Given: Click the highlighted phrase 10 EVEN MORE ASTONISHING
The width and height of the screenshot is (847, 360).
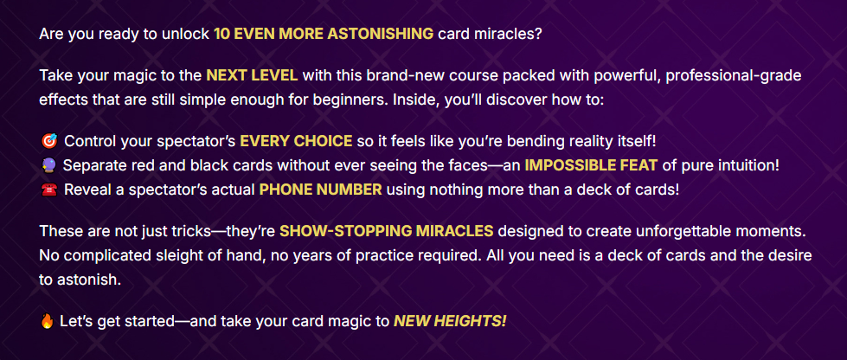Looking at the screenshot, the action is [324, 34].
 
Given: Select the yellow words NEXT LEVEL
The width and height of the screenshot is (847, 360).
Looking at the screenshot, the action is [252, 75].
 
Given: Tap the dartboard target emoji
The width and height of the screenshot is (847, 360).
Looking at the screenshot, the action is [48, 142].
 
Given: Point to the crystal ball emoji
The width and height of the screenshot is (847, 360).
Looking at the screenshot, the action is [48, 166].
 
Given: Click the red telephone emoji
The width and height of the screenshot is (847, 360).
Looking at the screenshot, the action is [48, 190].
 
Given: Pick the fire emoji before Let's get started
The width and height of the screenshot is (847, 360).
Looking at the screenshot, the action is [48, 322].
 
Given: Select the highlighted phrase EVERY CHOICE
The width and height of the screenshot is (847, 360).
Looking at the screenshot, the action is [296, 142].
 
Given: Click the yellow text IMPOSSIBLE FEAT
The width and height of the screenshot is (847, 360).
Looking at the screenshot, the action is [592, 166].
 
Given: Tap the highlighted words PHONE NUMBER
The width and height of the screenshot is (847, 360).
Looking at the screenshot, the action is [321, 190].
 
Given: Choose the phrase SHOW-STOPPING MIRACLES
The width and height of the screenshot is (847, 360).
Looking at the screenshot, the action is [386, 231].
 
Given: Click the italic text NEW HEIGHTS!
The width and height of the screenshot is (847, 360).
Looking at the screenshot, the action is [450, 322].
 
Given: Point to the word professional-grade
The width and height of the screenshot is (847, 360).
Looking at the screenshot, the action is [734, 75].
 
